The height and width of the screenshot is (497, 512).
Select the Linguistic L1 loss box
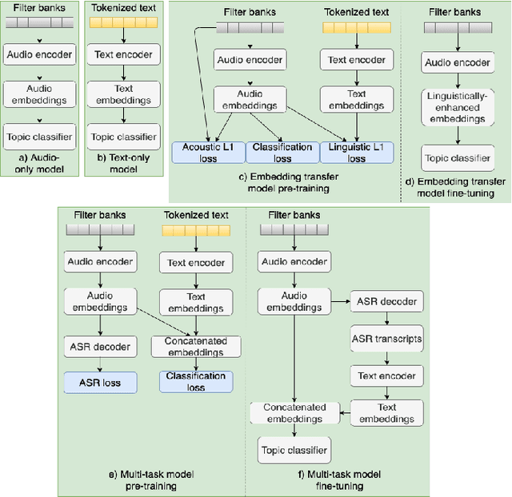pos(357,153)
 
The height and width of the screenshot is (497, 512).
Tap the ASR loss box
pos(101,383)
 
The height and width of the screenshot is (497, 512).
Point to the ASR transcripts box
pos(387,339)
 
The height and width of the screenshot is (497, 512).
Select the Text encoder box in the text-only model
pos(123,56)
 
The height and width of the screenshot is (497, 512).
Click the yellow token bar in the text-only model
pos(123,26)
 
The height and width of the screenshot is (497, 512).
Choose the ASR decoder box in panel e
pos(101,346)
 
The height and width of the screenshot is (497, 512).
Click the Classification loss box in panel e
pos(196,381)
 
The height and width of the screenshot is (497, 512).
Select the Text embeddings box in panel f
pos(387,412)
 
